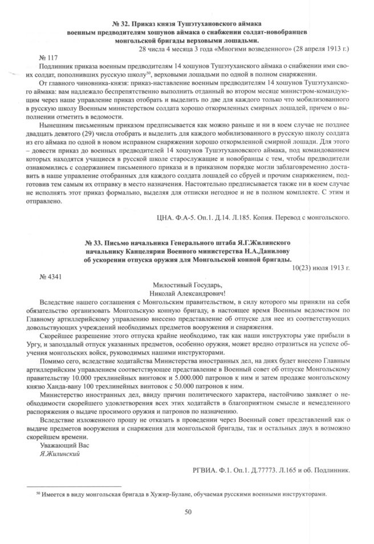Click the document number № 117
[49, 58]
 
